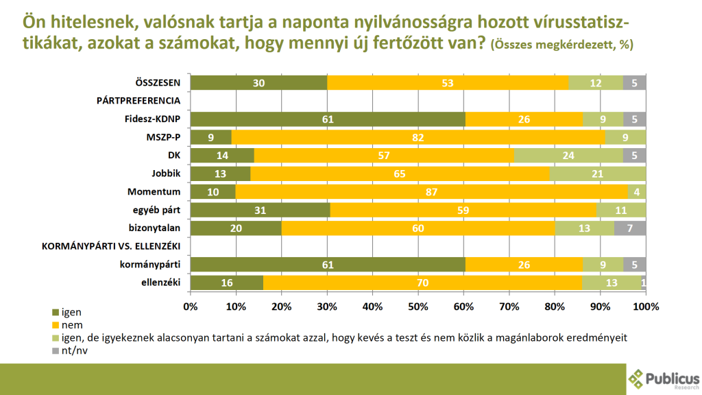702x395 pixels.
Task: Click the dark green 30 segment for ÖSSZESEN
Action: click(258, 83)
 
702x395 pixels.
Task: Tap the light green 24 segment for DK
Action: click(568, 155)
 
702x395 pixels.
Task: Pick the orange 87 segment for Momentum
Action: click(431, 191)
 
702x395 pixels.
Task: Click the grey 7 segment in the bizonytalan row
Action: click(630, 228)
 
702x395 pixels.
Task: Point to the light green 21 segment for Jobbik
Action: click(598, 173)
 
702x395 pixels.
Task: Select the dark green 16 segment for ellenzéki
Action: click(226, 283)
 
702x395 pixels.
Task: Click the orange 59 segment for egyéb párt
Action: click(463, 210)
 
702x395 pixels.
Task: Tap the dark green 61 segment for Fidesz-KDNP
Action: click(328, 119)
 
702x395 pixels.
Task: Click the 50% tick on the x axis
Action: click(417, 305)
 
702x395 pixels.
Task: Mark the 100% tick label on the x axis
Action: click(645, 305)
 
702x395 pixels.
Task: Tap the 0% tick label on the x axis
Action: click(191, 305)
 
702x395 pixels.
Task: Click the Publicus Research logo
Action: click(664, 379)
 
